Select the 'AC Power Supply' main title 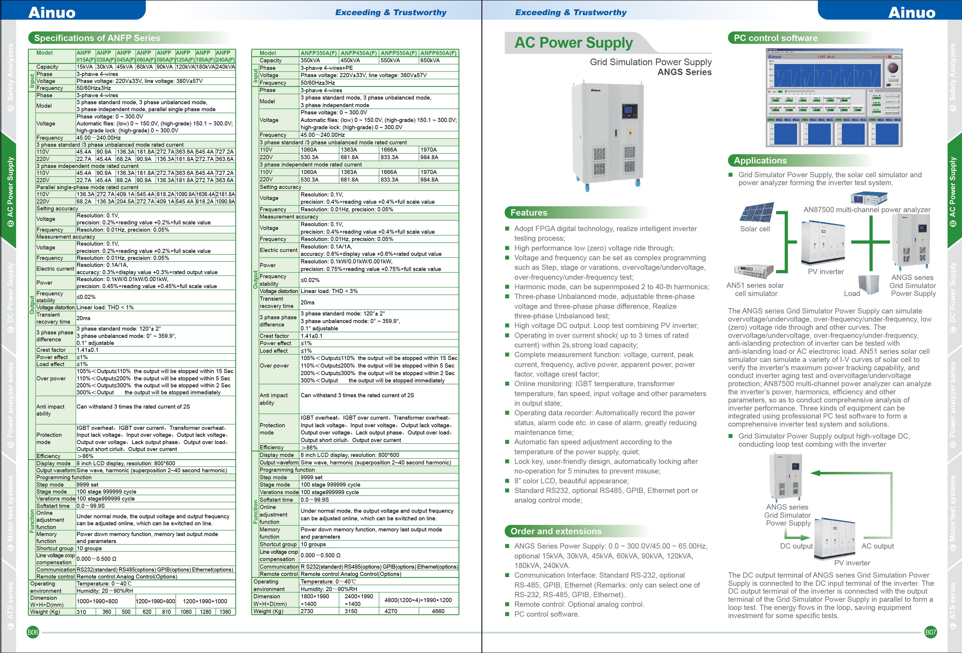tap(573, 43)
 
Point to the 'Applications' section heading tap(760, 161)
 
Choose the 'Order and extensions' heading tap(556, 531)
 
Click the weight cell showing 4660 tap(438, 611)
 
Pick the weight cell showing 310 tap(81, 612)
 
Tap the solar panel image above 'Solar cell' tap(756, 213)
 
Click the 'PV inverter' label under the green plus tap(825, 272)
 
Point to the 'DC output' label tap(796, 546)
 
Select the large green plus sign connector tap(871, 242)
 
